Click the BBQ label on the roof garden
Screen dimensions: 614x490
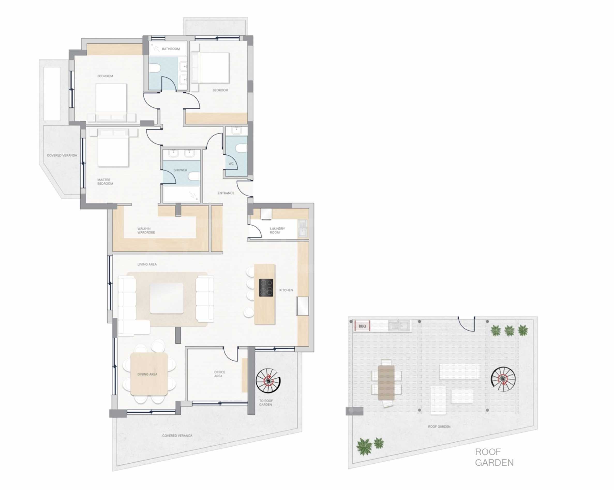tap(362, 326)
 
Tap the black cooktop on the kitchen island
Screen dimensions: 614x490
tap(266, 287)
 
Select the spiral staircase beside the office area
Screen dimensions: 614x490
tap(268, 380)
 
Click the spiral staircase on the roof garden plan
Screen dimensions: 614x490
tap(503, 379)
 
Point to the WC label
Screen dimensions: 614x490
tap(231, 164)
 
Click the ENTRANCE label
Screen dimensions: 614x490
tap(226, 193)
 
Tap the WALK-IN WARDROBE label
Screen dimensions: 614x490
tap(146, 230)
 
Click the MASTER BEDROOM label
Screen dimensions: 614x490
tap(105, 182)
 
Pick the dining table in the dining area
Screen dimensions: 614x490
tap(149, 374)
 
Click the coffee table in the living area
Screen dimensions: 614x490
tap(167, 298)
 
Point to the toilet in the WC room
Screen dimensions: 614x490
tap(242, 149)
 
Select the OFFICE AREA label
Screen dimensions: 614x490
tap(220, 374)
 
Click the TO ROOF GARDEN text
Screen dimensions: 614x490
tap(266, 403)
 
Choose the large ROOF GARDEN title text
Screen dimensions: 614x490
tap(494, 457)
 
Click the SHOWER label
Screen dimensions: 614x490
tap(180, 170)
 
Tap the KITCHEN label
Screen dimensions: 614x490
tap(286, 290)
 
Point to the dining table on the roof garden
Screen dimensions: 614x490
tap(386, 382)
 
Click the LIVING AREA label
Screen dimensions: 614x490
tap(147, 264)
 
